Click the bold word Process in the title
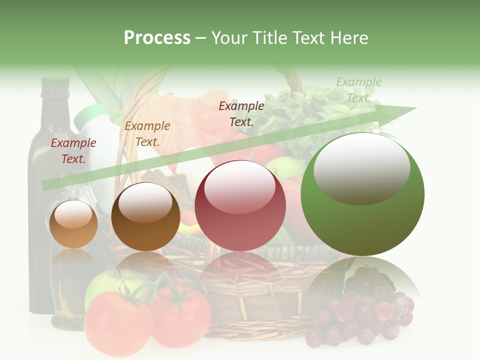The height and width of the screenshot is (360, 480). click(157, 38)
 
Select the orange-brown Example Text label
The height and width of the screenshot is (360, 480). click(147, 134)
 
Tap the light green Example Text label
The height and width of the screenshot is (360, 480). click(358, 90)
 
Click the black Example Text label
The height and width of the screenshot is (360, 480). click(241, 114)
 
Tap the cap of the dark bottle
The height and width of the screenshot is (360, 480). click(54, 82)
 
